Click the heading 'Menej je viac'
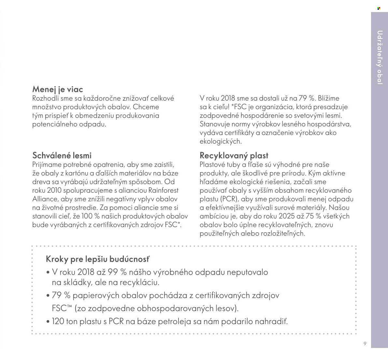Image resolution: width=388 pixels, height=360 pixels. tap(58, 89)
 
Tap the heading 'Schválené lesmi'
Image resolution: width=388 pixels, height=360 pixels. tap(62, 155)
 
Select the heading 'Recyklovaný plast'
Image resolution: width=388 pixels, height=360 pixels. tap(234, 155)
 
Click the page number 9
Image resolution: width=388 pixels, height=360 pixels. tap(365, 344)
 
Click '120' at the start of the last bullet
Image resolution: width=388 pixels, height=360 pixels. tap(58, 322)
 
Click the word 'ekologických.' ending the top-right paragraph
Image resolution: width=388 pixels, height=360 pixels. tap(221, 141)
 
